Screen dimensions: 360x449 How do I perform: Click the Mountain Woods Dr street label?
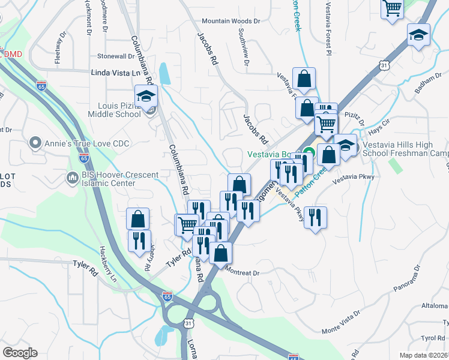(x=231, y=21)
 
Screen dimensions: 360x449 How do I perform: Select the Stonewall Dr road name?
(x=116, y=56)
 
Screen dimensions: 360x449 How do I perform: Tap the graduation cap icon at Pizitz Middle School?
(x=145, y=97)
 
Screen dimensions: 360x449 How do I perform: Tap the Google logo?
(x=20, y=352)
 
